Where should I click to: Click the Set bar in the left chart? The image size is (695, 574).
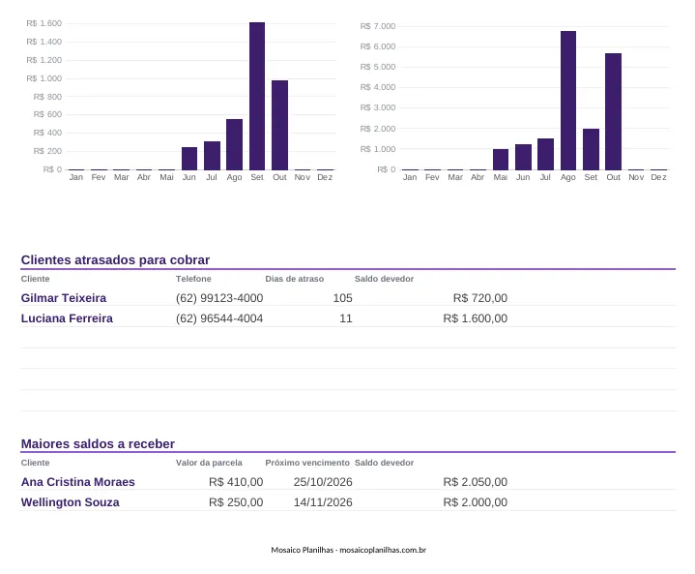pyautogui.click(x=257, y=96)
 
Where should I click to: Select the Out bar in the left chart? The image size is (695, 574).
pyautogui.click(x=279, y=125)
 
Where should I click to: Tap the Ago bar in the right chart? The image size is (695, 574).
pyautogui.click(x=568, y=101)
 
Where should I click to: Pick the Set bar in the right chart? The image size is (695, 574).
pyautogui.click(x=591, y=149)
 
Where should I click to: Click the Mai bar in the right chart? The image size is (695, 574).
pyautogui.click(x=501, y=160)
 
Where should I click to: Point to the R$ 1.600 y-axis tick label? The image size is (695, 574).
pyautogui.click(x=43, y=23)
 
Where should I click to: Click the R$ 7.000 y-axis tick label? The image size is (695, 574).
pyautogui.click(x=378, y=26)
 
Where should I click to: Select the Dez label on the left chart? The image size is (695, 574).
pyautogui.click(x=325, y=177)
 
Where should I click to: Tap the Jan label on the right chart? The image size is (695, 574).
pyautogui.click(x=410, y=177)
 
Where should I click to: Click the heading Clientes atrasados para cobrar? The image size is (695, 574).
pyautogui.click(x=115, y=259)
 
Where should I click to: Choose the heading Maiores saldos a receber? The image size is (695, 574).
pyautogui.click(x=98, y=443)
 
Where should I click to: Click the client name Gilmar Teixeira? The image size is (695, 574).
pyautogui.click(x=64, y=298)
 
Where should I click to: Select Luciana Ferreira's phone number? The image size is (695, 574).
pyautogui.click(x=219, y=318)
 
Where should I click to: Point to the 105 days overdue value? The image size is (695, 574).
pyautogui.click(x=342, y=298)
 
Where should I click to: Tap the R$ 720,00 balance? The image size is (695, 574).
pyautogui.click(x=480, y=298)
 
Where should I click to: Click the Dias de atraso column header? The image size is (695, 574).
pyautogui.click(x=294, y=279)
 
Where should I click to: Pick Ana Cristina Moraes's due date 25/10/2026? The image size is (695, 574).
pyautogui.click(x=323, y=482)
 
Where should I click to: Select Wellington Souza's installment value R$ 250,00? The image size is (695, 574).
pyautogui.click(x=236, y=502)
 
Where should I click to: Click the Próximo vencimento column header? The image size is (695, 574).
pyautogui.click(x=307, y=463)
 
